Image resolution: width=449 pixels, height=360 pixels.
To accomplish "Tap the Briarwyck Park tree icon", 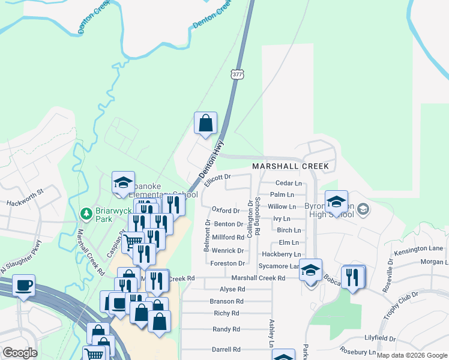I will click(x=86, y=214).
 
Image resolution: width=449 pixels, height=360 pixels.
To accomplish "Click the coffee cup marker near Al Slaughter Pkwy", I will click(x=23, y=285).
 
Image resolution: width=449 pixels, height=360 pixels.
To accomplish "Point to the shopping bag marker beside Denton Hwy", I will click(x=205, y=124).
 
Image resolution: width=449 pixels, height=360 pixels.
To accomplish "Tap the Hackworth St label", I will click(x=26, y=198).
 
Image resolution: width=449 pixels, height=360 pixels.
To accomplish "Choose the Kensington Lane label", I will click(x=423, y=248).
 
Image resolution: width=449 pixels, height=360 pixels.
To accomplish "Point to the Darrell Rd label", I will click(x=226, y=349).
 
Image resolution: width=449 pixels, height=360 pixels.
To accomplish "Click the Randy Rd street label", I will click(x=226, y=329).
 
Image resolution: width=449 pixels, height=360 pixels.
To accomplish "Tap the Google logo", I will click(x=20, y=353).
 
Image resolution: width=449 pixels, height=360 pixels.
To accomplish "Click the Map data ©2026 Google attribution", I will click(x=412, y=355).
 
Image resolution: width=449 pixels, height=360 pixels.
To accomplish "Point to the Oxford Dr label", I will click(x=226, y=210).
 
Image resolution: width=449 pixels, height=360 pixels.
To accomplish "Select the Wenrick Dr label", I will click(x=228, y=251).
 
